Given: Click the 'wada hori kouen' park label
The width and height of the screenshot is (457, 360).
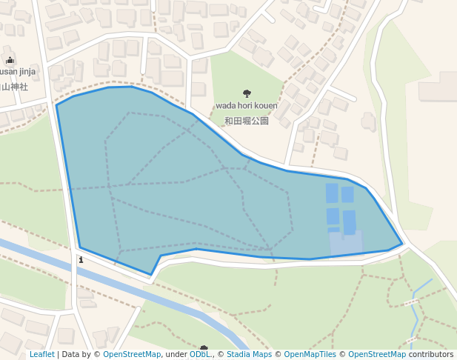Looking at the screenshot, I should tap(247, 106).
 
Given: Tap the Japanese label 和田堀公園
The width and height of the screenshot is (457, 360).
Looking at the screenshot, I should tap(247, 120).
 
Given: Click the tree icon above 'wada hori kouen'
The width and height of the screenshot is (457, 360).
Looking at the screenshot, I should tap(247, 94).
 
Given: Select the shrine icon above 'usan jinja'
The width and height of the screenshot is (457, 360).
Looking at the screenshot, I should tap(10, 60).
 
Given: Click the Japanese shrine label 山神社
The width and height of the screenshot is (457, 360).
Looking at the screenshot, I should tap(14, 87).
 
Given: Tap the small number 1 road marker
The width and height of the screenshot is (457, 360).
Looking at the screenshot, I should tap(81, 260).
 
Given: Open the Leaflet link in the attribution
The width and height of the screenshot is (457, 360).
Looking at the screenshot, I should tap(41, 355).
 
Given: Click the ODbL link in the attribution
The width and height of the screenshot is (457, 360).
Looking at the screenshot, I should tap(199, 355).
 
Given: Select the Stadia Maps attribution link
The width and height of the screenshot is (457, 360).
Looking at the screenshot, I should tap(249, 355).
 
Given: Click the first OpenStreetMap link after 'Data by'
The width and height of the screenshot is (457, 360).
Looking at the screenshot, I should tap(132, 355).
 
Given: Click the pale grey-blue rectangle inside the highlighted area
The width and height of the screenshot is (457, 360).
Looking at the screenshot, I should tap(346, 241).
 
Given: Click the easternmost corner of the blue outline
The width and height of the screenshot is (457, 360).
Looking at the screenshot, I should tap(402, 243).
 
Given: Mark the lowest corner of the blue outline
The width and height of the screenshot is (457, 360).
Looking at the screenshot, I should tap(151, 275).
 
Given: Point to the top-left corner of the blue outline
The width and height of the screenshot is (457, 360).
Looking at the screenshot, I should tap(57, 104).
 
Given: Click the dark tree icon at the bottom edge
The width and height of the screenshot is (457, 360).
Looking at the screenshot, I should tap(204, 347).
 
